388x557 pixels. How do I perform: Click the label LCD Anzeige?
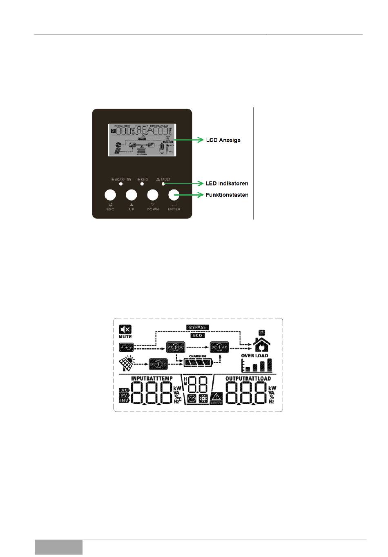click(223, 140)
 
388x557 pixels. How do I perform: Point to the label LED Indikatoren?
click(227, 183)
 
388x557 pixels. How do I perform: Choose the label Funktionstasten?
click(227, 195)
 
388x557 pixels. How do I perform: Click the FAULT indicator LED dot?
click(163, 184)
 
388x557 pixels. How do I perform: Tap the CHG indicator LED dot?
click(142, 184)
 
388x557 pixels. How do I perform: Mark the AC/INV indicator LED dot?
click(121, 184)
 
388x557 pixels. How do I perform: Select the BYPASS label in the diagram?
click(198, 327)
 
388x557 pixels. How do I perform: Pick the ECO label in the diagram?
click(198, 335)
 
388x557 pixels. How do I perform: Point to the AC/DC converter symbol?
click(176, 348)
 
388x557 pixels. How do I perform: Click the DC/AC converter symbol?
click(219, 348)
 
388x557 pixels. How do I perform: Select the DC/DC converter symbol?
click(157, 363)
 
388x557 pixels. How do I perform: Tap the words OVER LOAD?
click(254, 356)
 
